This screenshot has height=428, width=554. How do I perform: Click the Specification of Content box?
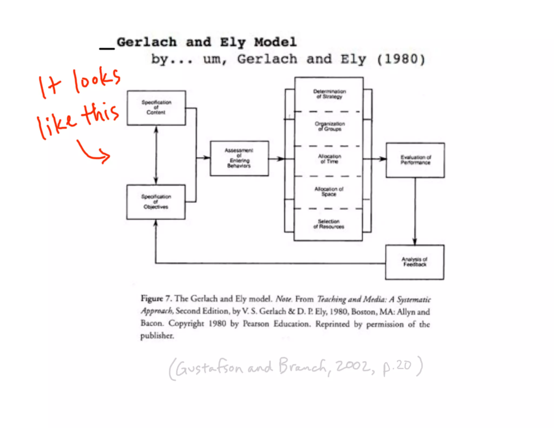point(156,108)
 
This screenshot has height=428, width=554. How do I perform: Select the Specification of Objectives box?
point(156,202)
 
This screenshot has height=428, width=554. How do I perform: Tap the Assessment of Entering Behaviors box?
point(239,158)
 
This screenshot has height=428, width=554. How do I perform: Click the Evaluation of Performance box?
point(415,160)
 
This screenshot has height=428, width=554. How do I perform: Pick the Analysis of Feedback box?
point(415,262)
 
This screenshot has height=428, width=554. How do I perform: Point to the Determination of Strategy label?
point(329,94)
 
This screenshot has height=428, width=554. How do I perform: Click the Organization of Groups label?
point(329,126)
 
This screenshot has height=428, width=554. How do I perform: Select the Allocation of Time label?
point(329,159)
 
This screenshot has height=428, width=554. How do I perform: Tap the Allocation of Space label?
point(329,191)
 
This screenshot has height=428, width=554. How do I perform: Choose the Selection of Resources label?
point(329,224)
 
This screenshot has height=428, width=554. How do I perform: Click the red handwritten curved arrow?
point(93,153)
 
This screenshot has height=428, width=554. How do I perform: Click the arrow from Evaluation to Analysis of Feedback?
point(415,211)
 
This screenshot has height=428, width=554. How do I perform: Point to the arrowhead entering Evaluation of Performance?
point(382,159)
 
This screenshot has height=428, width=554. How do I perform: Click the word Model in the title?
point(275,42)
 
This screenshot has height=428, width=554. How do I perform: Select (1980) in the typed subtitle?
point(401,59)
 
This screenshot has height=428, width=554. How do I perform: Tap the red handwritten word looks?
point(96,80)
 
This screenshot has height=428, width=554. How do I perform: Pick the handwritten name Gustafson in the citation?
point(209,368)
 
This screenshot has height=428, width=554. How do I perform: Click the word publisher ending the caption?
point(157,336)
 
